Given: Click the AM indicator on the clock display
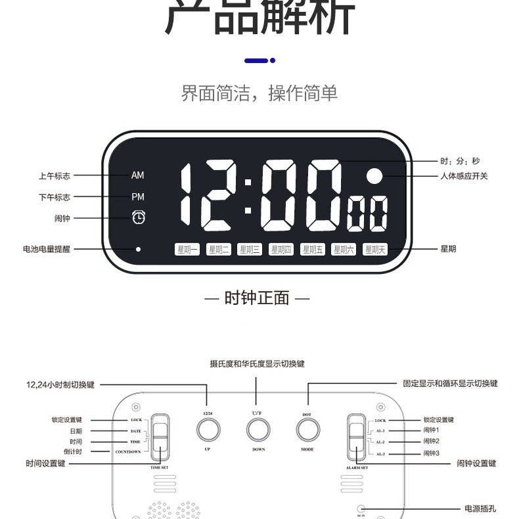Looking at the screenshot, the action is (137, 175).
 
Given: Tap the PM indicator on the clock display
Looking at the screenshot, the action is (137, 197).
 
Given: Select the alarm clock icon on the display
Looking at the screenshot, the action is (138, 217).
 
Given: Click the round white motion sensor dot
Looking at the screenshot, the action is (374, 176).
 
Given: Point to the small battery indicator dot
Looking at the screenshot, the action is (138, 250).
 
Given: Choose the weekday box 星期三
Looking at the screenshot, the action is (250, 250).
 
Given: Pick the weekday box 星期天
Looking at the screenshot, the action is (376, 250).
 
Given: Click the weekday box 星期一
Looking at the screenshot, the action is (187, 250).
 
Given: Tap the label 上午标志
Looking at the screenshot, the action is (54, 176).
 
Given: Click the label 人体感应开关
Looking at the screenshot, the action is (464, 176).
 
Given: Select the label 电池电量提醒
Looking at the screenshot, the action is (46, 250).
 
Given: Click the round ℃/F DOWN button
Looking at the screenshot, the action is (258, 430).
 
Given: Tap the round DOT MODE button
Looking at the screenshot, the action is (307, 430).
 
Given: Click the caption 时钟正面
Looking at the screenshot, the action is (257, 298).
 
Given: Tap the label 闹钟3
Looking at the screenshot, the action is (431, 453).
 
